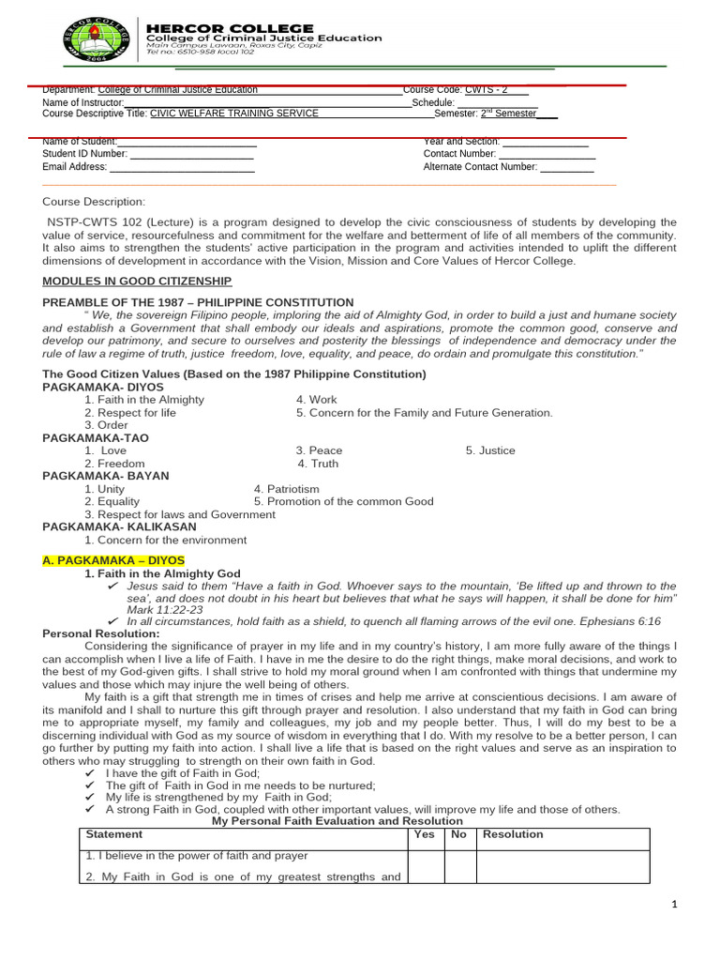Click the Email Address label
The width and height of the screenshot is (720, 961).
coord(75,167)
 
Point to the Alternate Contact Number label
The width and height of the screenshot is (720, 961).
coord(480,167)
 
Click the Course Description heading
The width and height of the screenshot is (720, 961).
coord(94,202)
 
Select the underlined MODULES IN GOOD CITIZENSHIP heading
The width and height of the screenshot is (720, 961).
coord(137,282)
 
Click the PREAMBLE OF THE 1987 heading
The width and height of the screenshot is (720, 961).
coord(198,302)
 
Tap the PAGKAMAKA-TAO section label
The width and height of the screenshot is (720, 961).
coord(96,438)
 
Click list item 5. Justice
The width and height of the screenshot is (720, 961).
coord(490,450)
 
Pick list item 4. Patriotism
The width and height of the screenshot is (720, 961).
coord(287,489)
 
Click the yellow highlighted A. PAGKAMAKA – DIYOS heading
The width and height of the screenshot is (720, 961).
coord(114,560)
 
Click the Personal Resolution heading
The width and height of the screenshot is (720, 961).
coord(101,633)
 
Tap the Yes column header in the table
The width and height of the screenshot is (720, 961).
coord(424,833)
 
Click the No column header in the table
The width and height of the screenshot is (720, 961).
coord(458,833)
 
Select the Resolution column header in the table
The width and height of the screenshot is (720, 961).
coord(513,833)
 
